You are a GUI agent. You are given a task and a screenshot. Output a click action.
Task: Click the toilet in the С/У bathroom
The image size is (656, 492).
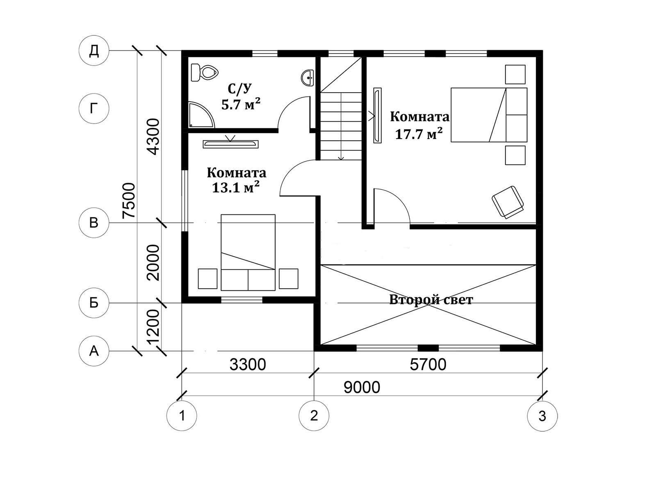[205, 72]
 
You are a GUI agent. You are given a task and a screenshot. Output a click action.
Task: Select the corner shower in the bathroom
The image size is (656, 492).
[201, 115]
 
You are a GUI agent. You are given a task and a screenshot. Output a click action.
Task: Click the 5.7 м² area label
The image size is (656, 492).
[241, 104]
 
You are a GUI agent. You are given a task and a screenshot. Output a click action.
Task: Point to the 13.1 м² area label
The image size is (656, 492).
[235, 187]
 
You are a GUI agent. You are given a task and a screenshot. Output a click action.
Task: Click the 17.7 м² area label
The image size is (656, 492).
[419, 134]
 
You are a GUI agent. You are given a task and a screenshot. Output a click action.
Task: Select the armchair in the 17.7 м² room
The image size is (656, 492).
[508, 202]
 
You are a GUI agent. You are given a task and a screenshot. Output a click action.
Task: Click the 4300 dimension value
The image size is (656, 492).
[153, 137]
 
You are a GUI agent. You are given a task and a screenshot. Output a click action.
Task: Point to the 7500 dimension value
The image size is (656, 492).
[129, 200]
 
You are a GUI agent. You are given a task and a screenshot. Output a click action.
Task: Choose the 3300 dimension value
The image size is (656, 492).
[248, 364]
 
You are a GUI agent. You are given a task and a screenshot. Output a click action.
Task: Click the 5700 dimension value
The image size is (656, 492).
[428, 364]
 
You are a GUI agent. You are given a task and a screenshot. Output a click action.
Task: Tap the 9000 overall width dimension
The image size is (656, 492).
[362, 387]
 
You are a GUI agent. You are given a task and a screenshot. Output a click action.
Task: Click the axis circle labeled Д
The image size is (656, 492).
[94, 51]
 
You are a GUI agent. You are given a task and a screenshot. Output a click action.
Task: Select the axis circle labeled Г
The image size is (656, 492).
[94, 108]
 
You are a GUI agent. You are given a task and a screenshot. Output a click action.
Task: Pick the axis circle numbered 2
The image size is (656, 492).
[314, 415]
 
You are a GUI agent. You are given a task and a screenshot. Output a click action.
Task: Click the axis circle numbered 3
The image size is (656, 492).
[542, 415]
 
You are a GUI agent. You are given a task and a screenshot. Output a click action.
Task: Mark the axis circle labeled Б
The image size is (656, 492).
[94, 303]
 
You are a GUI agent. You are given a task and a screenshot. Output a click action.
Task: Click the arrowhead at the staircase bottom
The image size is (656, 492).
[341, 158]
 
